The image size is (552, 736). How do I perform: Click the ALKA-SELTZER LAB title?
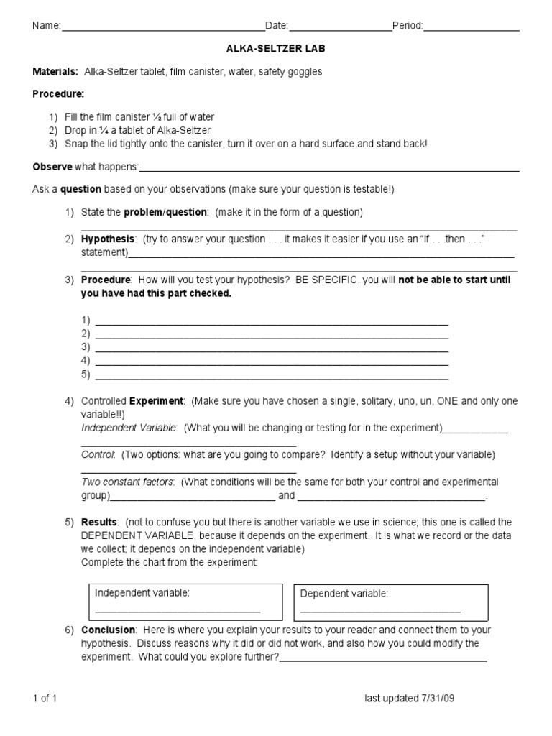point(276,49)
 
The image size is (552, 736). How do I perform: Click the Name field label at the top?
point(45,27)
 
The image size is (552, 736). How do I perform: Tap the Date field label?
point(276,27)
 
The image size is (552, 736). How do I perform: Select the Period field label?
point(407,27)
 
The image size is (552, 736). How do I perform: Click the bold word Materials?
point(55,72)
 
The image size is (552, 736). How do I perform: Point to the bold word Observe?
point(52,167)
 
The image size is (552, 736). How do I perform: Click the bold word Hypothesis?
point(107,239)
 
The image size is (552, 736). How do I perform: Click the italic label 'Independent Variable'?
point(129,428)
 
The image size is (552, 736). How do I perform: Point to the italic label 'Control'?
point(98,455)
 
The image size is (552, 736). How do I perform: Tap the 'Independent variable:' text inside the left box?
point(142,592)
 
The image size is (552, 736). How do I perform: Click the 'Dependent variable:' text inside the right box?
point(344,593)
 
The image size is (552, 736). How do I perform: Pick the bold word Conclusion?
point(107,630)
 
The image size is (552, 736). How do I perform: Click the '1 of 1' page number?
point(45,699)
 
